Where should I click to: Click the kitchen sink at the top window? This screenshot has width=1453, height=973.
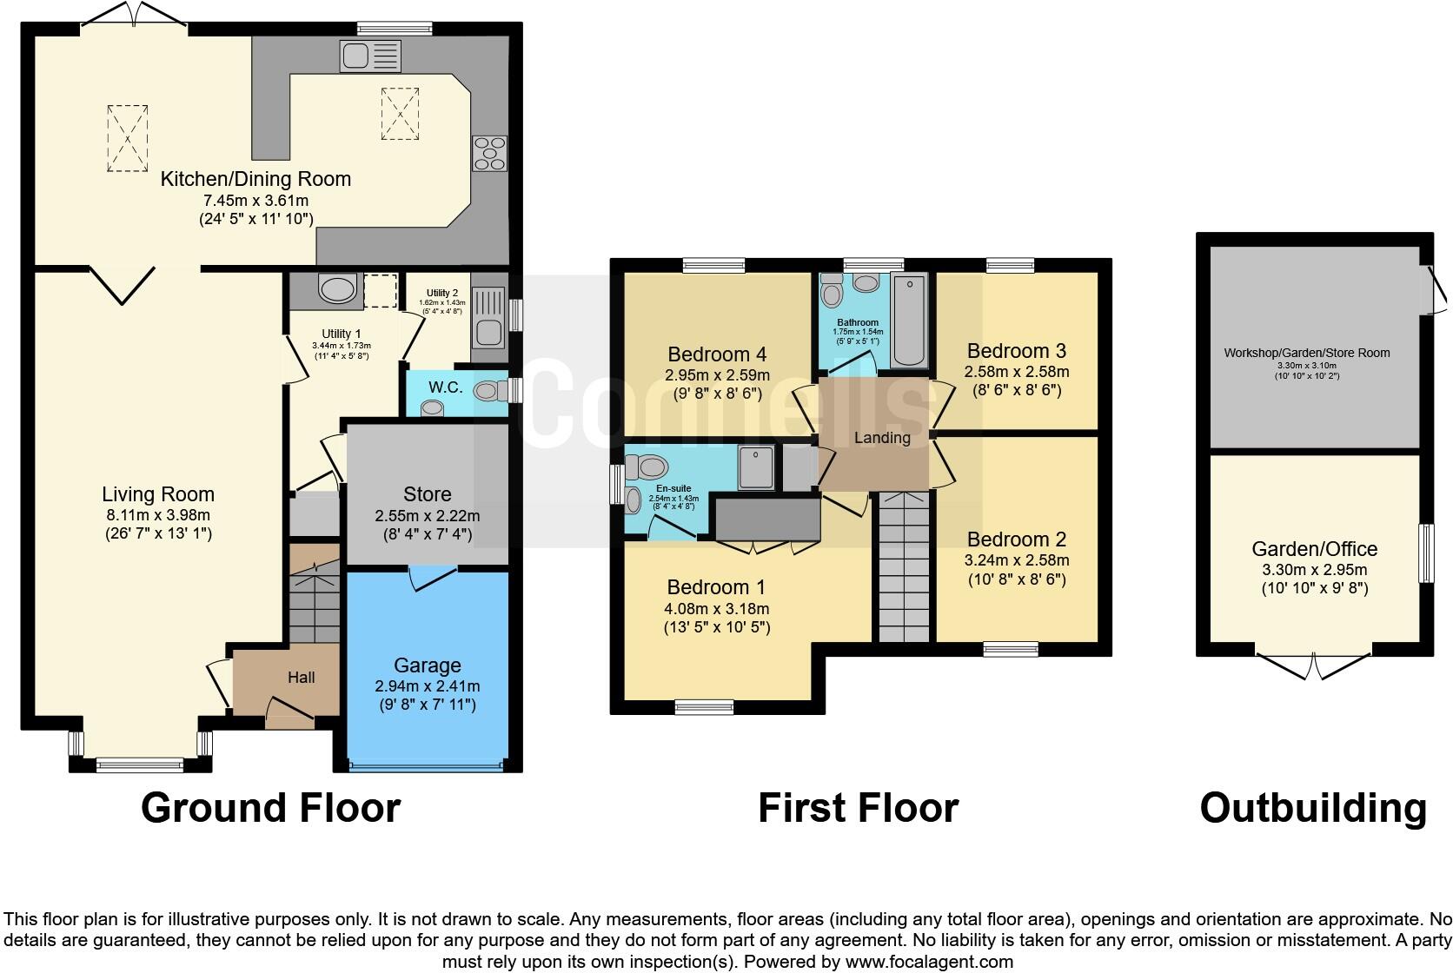click(x=371, y=57)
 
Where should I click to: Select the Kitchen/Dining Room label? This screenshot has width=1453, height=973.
click(x=255, y=180)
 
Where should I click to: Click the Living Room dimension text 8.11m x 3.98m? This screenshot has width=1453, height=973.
click(x=157, y=514)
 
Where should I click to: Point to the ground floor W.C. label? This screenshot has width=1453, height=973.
click(x=445, y=387)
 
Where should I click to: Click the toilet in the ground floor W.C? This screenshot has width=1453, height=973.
click(x=494, y=391)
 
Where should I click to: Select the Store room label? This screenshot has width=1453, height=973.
click(x=427, y=494)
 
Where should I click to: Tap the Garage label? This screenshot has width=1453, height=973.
click(x=427, y=665)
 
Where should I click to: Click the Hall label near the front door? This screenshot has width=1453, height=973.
click(x=301, y=678)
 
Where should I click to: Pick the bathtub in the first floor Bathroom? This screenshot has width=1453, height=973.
click(x=910, y=320)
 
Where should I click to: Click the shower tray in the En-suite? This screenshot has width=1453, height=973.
click(x=757, y=468)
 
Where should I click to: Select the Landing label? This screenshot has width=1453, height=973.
click(x=881, y=438)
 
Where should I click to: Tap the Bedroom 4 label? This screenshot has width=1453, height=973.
click(x=717, y=354)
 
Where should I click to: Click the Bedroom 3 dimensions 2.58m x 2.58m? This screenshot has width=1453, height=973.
click(x=1016, y=372)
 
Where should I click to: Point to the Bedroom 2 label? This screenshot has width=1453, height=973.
click(x=1016, y=539)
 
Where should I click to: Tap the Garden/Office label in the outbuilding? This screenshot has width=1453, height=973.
click(x=1314, y=549)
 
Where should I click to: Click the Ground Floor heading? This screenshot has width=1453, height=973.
click(x=270, y=808)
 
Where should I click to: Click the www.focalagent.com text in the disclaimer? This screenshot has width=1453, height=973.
click(x=929, y=962)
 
